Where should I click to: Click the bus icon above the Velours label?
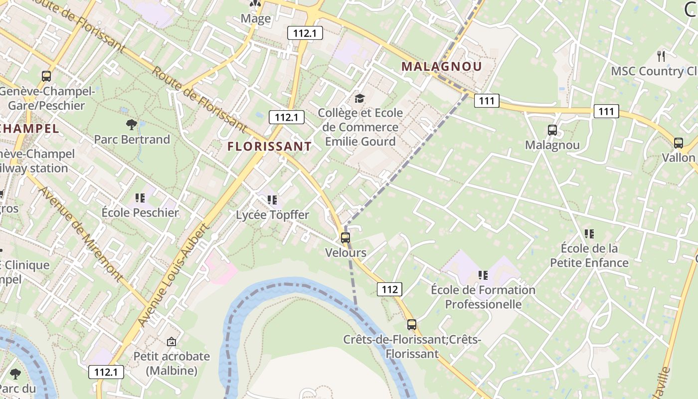[x=346, y=238]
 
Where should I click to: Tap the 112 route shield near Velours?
[x=389, y=289]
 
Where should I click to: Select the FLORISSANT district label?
[x=269, y=146]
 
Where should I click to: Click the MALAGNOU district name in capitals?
[x=442, y=66]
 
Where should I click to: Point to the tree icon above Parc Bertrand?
[x=132, y=124]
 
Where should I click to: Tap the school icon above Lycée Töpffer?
[x=272, y=200]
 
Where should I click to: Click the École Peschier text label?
[x=140, y=212]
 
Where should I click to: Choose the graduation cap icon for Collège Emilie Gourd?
[x=359, y=98]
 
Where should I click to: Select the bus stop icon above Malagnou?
[x=552, y=130]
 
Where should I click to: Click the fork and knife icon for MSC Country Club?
[x=662, y=56]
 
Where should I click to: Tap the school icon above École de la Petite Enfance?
[x=589, y=233]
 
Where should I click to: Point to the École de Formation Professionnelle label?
[x=483, y=297]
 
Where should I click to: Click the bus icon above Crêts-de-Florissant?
[x=411, y=325]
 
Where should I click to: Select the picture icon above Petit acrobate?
[x=172, y=342]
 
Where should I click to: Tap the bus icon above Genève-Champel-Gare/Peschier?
[x=46, y=76]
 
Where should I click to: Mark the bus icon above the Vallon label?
[x=679, y=143]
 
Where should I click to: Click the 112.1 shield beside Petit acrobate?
[x=106, y=372]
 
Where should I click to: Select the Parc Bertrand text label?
[x=132, y=139]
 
